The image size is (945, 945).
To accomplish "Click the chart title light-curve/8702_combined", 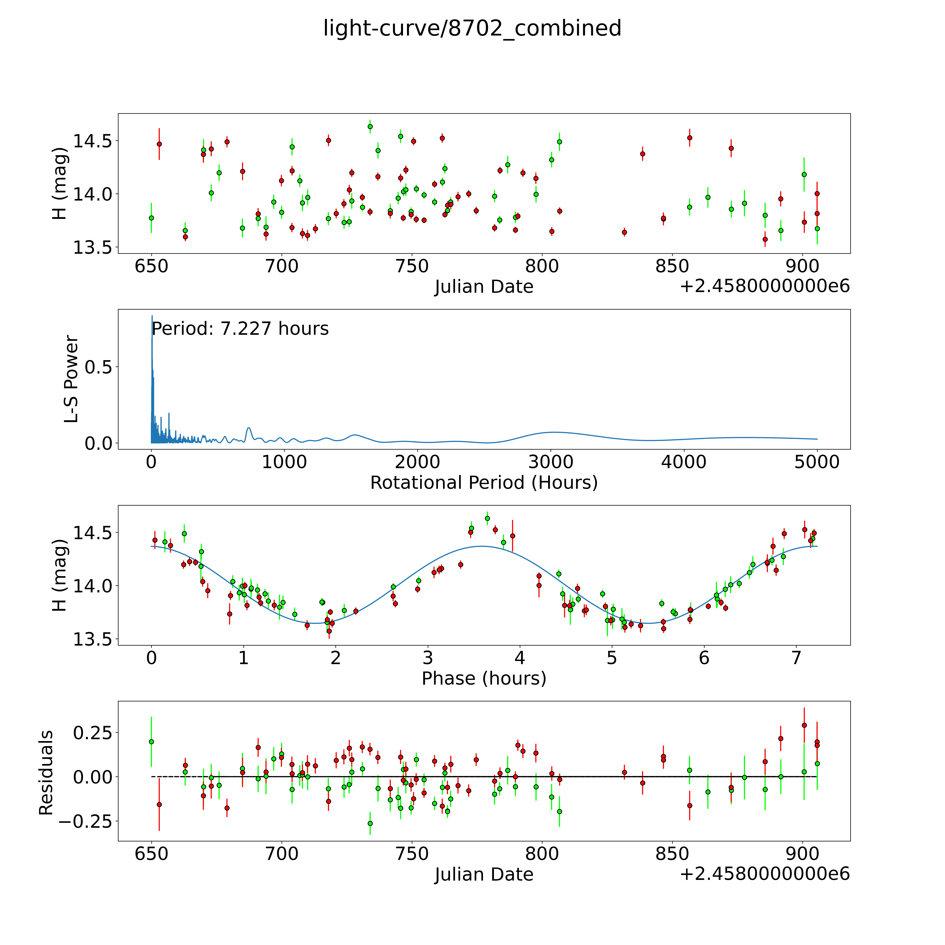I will tap(472, 28).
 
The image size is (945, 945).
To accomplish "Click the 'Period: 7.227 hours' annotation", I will tap(240, 329).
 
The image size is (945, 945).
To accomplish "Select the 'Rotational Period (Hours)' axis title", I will tap(484, 483).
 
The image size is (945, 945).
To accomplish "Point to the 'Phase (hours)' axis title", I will tap(484, 678).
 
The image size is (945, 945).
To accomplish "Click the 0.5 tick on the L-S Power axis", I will tap(98, 367).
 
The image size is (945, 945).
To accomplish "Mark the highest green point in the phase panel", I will tap(487, 519).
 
